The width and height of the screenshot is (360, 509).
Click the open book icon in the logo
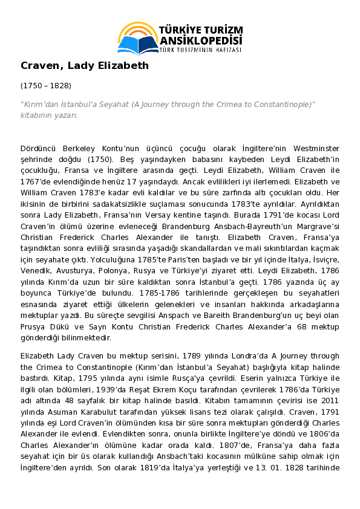pos(138,44)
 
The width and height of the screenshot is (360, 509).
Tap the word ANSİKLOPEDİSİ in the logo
pos(200,41)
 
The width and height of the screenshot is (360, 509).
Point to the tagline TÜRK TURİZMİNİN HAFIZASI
pos(200,50)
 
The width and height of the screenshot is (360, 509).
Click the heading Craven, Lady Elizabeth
pos(85,65)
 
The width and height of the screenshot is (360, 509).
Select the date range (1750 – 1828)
pos(46,86)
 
